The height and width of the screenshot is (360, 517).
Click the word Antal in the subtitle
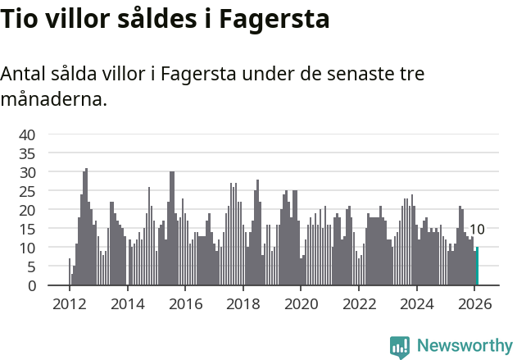22,74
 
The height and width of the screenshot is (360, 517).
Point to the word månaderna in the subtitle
53,101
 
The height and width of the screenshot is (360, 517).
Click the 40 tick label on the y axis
27,134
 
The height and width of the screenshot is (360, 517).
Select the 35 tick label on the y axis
27,153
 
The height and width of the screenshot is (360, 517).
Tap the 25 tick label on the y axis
27,191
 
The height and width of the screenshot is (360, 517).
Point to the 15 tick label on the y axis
27,229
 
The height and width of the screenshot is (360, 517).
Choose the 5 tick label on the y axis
31,267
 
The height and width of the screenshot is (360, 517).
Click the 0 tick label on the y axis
31,285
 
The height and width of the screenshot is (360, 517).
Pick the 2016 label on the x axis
185,303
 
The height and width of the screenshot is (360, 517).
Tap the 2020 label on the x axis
301,303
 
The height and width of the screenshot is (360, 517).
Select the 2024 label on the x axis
416,303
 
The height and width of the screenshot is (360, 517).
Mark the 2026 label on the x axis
474,303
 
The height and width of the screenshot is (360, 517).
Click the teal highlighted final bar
477,267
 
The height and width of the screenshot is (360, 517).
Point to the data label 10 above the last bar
477,230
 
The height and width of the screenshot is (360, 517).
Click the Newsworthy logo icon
400,347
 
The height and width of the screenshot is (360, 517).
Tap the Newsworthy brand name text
465,346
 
